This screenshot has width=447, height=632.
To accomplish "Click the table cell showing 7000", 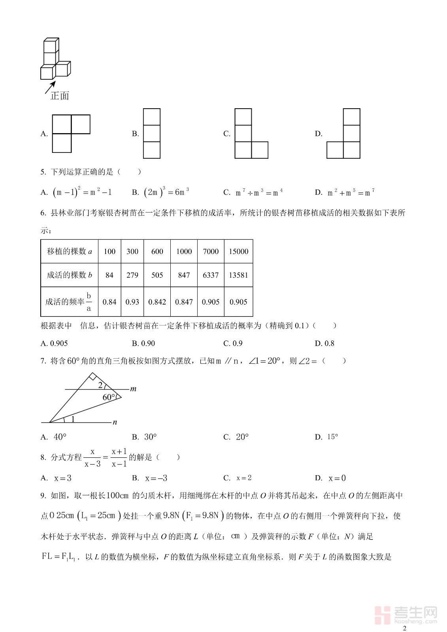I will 211,252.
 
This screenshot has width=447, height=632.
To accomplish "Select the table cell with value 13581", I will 238,275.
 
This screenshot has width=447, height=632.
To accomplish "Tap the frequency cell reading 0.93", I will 132,302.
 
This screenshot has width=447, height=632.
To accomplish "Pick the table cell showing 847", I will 184,275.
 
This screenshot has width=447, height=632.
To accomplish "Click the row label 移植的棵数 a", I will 69,252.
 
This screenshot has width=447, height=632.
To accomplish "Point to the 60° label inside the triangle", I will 109,397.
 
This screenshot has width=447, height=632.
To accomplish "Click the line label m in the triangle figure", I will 133,389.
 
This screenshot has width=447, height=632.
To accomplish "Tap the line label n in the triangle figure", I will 115,422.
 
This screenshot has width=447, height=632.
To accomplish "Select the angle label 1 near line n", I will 73,419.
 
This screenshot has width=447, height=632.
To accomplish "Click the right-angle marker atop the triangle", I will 92,377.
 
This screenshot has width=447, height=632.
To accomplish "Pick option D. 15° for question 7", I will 326,437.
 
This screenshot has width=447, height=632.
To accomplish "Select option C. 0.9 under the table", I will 233,343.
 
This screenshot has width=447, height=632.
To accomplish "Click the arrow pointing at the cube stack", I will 50,87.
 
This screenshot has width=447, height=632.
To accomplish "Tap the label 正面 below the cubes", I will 60,96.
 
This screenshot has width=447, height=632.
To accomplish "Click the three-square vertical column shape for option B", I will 152,134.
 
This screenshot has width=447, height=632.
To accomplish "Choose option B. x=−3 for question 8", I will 150,478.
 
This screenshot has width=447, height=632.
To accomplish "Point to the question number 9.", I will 43,496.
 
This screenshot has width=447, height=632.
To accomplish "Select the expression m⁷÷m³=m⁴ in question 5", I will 259,193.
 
